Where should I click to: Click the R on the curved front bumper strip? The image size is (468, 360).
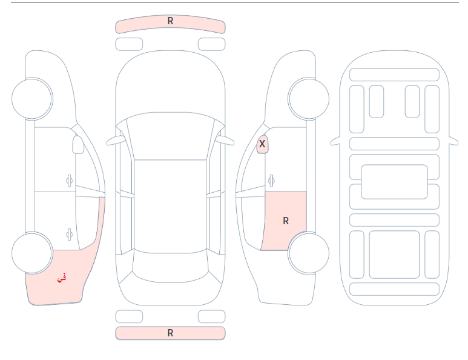pos(170,21)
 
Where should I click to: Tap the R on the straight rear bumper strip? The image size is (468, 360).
pos(170,333)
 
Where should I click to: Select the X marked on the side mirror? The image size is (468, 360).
pos(262,144)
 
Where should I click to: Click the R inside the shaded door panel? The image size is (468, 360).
pos(286,221)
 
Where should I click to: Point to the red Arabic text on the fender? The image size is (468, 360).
pos(62,278)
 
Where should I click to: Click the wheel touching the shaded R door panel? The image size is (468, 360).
pos(309,253)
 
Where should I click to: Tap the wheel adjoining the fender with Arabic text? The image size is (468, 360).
pos(32,253)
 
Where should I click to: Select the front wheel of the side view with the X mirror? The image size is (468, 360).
pos(309,99)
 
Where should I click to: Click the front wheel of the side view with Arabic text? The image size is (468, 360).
pos(32,99)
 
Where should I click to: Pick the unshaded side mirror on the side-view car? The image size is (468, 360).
pos(78,145)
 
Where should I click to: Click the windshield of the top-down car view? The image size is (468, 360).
pos(170,136)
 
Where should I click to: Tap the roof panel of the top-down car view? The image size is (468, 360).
pos(170,206)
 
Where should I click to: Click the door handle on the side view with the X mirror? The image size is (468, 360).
pos(271,181)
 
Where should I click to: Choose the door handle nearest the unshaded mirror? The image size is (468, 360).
pos(69,181)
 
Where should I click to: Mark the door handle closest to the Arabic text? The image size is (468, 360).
pos(69,235)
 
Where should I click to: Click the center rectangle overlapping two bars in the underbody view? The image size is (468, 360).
pos(394,182)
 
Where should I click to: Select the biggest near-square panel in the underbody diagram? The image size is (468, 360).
pos(394,255)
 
